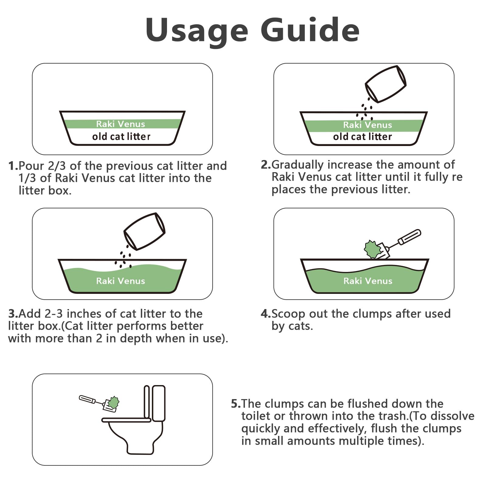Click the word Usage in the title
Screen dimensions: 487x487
tap(197, 30)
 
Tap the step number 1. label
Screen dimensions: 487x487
tap(13, 166)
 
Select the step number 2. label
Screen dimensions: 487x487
tap(266, 165)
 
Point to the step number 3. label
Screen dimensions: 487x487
tap(13, 314)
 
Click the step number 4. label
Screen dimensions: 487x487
tap(266, 314)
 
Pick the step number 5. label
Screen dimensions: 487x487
tap(236, 404)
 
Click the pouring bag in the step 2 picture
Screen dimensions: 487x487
tap(386, 84)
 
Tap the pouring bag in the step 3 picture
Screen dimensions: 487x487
tap(144, 231)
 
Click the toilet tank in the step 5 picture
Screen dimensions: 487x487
tap(158, 403)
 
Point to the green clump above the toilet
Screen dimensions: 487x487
tap(113, 402)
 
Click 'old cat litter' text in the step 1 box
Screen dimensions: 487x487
tap(121, 137)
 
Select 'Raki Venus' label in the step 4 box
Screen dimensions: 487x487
tap(368, 281)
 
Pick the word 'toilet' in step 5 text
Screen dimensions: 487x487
tap(256, 416)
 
